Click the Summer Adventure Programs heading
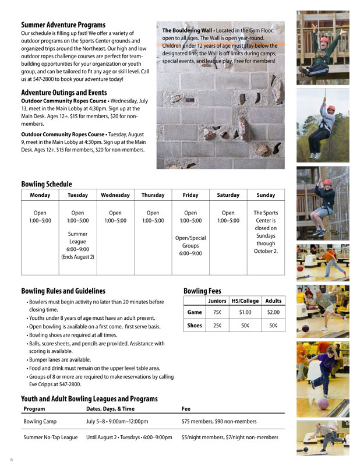point(63,25)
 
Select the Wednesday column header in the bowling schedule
point(115,195)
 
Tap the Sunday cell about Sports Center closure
point(266,232)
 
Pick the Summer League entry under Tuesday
point(77,241)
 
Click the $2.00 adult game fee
point(273,312)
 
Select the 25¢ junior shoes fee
point(217,325)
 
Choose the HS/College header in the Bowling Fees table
point(245,301)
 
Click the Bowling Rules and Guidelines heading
point(63,291)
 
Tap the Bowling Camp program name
point(40,421)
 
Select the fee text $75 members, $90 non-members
point(219,421)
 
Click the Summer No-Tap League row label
point(50,437)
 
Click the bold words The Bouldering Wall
point(185,30)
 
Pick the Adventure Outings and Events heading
point(64,93)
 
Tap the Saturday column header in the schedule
point(228,195)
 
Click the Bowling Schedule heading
point(47,184)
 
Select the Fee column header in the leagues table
point(186,408)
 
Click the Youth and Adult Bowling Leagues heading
point(89,398)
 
